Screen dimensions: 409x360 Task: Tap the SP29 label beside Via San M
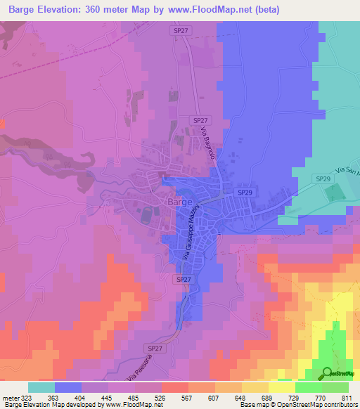[323, 180]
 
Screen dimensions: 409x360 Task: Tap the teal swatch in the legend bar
[41, 387]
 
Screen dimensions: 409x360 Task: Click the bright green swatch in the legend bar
[309, 387]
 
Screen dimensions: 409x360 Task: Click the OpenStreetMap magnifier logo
[327, 372]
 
